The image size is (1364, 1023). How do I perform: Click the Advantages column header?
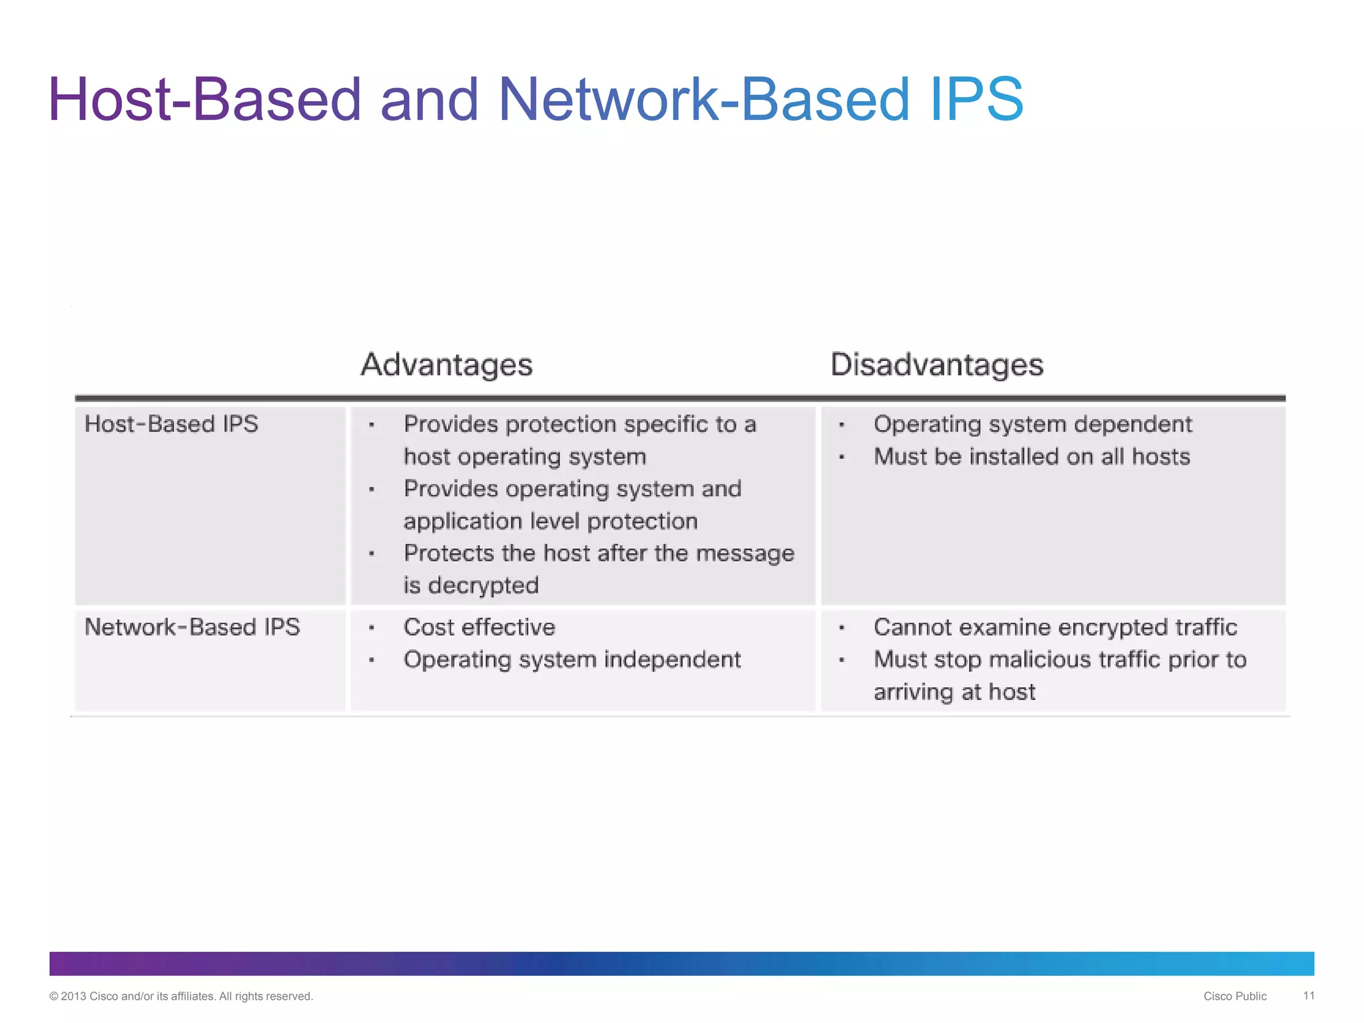[x=446, y=365]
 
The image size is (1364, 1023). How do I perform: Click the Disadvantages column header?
[x=936, y=365]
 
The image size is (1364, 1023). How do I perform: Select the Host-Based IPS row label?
[x=171, y=424]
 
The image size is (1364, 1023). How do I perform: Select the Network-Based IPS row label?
[x=192, y=627]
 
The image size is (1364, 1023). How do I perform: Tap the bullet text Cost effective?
[x=479, y=627]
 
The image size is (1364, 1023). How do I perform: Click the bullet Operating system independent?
[x=571, y=659]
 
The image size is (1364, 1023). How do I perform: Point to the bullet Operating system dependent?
[x=1032, y=424]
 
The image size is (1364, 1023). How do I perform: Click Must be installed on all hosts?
[x=1032, y=457]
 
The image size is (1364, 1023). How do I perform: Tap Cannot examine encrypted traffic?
[x=1055, y=627]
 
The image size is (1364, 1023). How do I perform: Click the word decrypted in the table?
[x=483, y=585]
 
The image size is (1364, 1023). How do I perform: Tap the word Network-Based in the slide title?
[x=703, y=100]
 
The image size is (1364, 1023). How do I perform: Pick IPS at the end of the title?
[x=976, y=100]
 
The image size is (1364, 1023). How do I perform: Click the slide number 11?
[x=1308, y=996]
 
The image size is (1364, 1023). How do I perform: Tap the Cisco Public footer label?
[x=1234, y=996]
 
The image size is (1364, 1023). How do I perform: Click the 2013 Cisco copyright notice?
[x=181, y=996]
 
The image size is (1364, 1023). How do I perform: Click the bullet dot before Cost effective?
[x=372, y=628]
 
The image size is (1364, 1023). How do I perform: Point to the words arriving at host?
[x=954, y=692]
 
